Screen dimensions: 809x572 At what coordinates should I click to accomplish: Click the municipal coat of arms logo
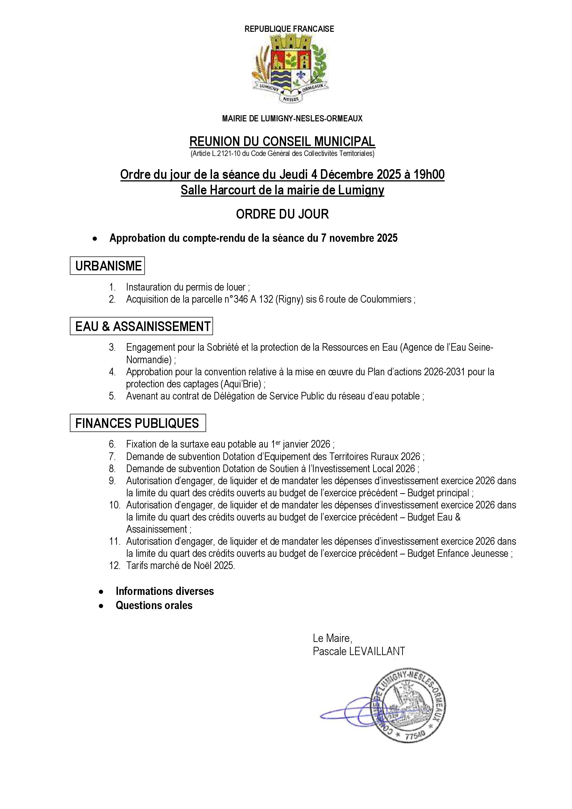pos(289,69)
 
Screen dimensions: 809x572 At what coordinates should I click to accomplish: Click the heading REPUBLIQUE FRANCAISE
pos(289,29)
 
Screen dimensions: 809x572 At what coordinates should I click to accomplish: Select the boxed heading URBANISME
pos(108,266)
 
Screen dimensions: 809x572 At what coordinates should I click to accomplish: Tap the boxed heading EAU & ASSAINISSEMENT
pos(142,327)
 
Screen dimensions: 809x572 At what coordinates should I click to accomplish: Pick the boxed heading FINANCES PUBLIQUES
pos(137,423)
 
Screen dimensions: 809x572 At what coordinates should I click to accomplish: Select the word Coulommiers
pos(386,300)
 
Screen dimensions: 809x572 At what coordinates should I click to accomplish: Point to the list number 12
pos(114,566)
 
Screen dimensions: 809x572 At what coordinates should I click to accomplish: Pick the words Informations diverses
pos(165,591)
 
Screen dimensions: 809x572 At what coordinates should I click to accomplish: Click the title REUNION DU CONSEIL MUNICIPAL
pos(282,142)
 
